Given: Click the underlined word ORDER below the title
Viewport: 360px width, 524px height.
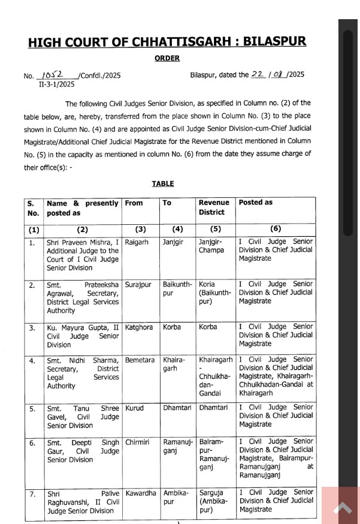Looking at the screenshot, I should pyautogui.click(x=167, y=59).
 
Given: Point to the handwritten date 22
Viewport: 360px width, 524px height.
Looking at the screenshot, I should pyautogui.click(x=258, y=74).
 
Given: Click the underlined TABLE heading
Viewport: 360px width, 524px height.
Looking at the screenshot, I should pyautogui.click(x=162, y=183).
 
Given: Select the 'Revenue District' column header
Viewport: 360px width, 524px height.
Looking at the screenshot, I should pyautogui.click(x=214, y=207).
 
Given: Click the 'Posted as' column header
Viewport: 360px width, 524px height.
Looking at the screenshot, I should pyautogui.click(x=256, y=203).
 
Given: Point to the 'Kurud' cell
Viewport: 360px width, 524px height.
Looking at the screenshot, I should pyautogui.click(x=135, y=408).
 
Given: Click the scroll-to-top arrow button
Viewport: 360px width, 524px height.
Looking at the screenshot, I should pyautogui.click(x=343, y=508).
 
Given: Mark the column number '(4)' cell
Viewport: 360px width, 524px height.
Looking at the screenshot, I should pyautogui.click(x=177, y=230).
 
